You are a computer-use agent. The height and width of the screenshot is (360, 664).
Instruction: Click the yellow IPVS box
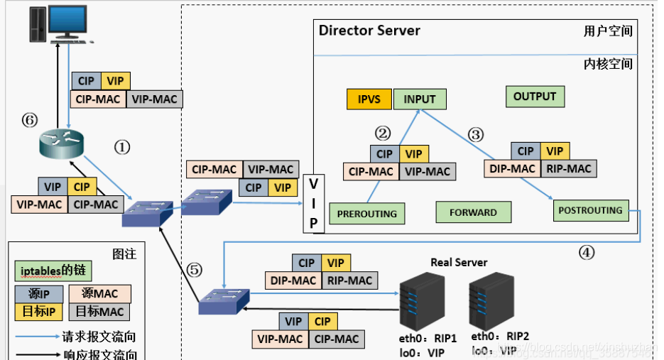coord(369,99)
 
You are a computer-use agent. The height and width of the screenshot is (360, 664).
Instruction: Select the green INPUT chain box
coord(419,99)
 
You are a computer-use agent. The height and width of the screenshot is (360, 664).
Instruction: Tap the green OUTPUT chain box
coord(534,97)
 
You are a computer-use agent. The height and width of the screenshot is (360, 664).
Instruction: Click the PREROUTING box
coord(366,213)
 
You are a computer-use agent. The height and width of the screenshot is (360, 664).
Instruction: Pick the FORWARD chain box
coord(473,212)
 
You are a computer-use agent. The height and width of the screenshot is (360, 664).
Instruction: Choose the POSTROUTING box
coord(590,210)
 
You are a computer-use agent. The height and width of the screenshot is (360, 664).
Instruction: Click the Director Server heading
coord(369,31)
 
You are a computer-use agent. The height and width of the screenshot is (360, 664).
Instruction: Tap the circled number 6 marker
coord(29,121)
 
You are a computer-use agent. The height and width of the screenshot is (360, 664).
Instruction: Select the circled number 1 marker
coord(122,147)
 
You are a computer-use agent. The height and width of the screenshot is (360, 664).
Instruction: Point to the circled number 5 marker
coord(195,270)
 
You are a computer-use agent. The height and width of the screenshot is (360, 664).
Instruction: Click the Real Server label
coord(459,263)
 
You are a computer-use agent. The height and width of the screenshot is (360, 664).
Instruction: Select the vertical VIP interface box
coord(314,202)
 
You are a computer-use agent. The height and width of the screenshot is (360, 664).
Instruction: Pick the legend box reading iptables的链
coord(53,271)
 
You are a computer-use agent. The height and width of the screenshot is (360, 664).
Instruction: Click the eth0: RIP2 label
coord(500,336)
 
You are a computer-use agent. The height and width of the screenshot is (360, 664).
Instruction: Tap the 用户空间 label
coord(608,31)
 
